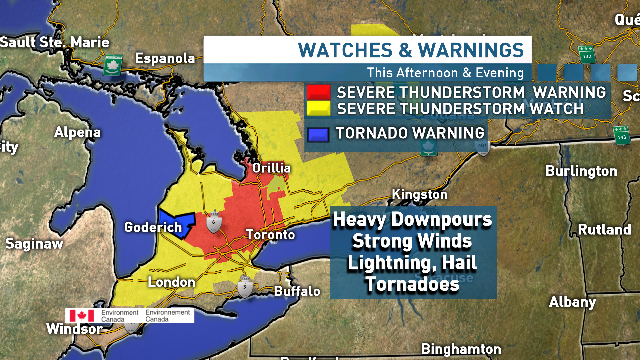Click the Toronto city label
[x=272, y=235]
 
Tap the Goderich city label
[x=152, y=227]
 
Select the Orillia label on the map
[x=270, y=168]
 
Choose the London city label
[x=171, y=283]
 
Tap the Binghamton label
[x=461, y=348]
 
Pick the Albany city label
[x=572, y=302]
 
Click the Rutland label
[x=603, y=230]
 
